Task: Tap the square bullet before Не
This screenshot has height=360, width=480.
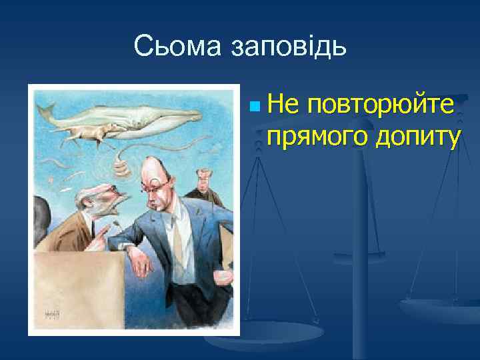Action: coord(250,107)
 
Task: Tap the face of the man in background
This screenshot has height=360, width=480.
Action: coord(202,178)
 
